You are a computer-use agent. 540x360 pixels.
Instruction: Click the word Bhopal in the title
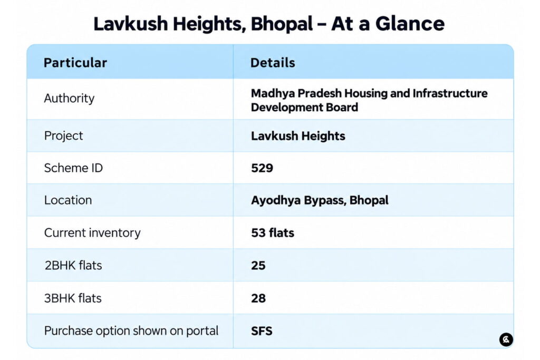tap(282, 24)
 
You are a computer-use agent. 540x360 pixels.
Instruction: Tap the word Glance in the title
tap(410, 24)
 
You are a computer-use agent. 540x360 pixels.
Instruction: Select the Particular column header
tap(75, 63)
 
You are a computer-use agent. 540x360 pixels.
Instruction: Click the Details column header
tap(273, 63)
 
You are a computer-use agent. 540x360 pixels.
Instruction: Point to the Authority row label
tap(69, 99)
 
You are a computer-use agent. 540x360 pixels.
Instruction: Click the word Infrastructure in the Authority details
tap(450, 93)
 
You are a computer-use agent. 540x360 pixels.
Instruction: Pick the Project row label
tap(64, 136)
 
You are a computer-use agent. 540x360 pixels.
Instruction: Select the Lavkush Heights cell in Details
tap(298, 136)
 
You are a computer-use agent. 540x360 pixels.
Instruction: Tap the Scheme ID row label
tap(73, 168)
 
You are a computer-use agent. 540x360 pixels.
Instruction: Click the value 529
tap(262, 168)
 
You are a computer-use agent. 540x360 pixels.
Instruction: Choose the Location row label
tap(68, 200)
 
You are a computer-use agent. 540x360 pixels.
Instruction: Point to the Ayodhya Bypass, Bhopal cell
tap(320, 200)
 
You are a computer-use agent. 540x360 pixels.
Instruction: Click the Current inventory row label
tap(92, 233)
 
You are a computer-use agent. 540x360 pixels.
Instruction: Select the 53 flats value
tap(273, 233)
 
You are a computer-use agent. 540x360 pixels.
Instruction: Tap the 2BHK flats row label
tap(73, 265)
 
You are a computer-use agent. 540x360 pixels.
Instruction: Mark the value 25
tap(258, 265)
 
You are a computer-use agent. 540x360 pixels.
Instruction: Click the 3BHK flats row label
tap(73, 298)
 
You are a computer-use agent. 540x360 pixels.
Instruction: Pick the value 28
tap(258, 298)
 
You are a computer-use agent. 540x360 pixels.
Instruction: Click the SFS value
tap(262, 331)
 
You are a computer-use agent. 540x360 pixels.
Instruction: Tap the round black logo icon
tap(506, 339)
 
